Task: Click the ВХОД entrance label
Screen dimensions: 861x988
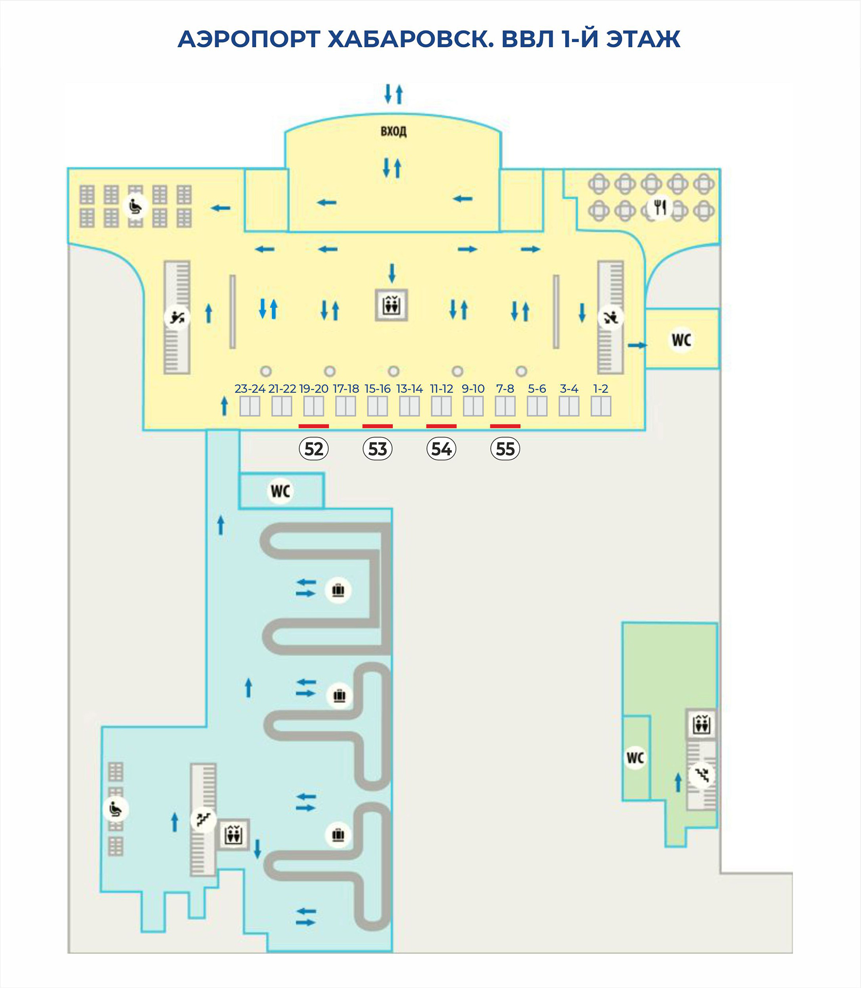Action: [x=394, y=131]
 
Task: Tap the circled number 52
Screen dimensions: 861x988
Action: [x=314, y=449]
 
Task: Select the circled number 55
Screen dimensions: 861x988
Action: [x=505, y=449]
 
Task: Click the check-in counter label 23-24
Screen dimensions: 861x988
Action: [x=250, y=389]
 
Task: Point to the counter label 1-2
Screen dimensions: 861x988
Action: [x=601, y=389]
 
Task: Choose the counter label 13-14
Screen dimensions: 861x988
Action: [x=410, y=389]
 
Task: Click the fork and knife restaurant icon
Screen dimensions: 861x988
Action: [x=660, y=208]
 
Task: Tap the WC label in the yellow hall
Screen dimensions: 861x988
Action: [x=681, y=340]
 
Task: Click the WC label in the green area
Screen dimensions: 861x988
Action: [x=635, y=758]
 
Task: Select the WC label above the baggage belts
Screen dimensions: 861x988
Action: [x=280, y=491]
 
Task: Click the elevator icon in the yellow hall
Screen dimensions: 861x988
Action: [x=392, y=306]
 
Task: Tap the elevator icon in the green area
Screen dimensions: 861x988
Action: [x=701, y=725]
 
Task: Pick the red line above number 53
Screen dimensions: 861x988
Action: [x=378, y=426]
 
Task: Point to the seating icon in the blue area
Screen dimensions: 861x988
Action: [x=116, y=809]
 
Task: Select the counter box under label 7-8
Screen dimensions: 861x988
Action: [x=505, y=407]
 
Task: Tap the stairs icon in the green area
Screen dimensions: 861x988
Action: [x=702, y=774]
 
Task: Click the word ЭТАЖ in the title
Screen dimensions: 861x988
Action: [x=643, y=39]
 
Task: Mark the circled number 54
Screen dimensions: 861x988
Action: [x=442, y=449]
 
